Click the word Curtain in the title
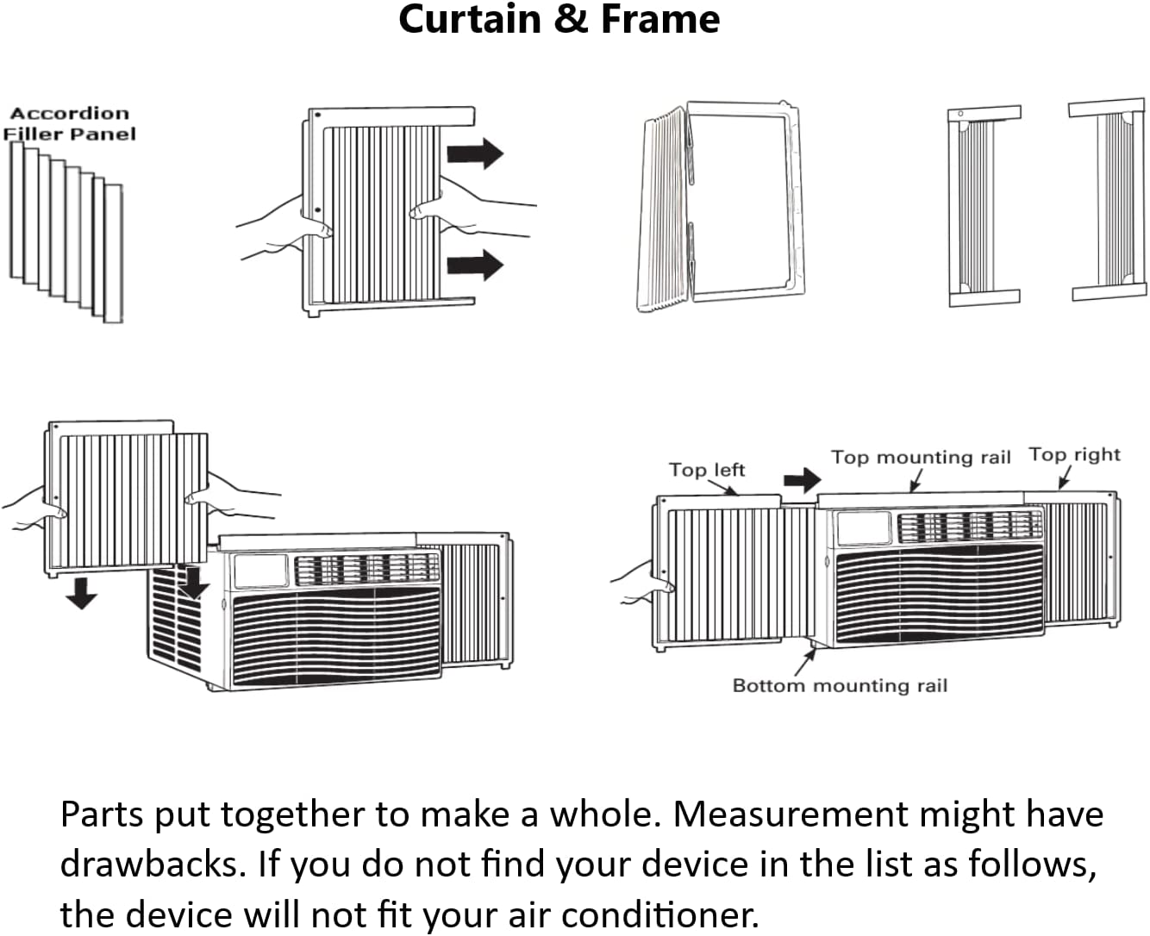click(470, 20)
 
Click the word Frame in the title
click(660, 20)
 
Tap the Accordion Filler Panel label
click(69, 123)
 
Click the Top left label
click(707, 470)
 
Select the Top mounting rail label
click(921, 457)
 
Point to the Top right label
click(1074, 454)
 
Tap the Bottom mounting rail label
click(841, 685)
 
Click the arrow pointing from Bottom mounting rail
click(805, 662)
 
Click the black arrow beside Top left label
click(803, 480)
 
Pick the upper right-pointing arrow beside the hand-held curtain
click(475, 153)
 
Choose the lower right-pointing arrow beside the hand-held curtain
click(475, 265)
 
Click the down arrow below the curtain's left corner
click(82, 593)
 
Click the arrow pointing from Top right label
click(1065, 477)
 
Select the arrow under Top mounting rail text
click(916, 480)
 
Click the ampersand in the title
click(572, 20)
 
